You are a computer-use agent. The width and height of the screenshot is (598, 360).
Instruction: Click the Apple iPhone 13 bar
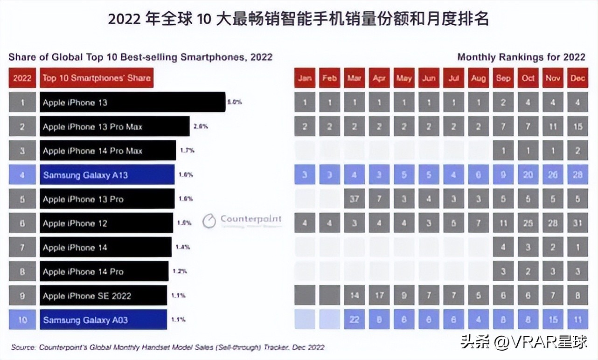click(132, 102)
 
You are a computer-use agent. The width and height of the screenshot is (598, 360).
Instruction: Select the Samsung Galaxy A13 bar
click(107, 175)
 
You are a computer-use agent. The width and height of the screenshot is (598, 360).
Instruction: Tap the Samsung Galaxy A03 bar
click(103, 320)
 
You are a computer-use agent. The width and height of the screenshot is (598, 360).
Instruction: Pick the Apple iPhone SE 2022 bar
click(103, 296)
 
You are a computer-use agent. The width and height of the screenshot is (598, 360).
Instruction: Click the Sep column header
click(503, 78)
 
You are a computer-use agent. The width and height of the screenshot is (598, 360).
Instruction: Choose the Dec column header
click(577, 78)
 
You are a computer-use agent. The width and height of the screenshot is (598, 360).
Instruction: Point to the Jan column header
click(305, 78)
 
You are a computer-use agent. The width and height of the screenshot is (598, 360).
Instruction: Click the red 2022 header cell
click(22, 78)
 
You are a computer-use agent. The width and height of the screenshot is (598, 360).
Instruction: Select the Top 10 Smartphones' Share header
click(97, 78)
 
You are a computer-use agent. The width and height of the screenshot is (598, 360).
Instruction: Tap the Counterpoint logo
click(242, 220)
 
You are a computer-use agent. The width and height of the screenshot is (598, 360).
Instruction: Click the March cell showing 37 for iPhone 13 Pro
click(354, 199)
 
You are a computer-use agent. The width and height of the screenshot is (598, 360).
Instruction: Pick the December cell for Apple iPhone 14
click(577, 247)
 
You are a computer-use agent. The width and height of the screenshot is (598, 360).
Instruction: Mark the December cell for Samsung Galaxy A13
click(577, 175)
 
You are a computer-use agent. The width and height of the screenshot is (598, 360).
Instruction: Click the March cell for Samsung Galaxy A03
click(354, 320)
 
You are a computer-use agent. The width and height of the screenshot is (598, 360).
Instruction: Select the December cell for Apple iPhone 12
click(577, 223)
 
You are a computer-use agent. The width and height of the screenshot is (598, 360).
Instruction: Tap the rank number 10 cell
click(22, 320)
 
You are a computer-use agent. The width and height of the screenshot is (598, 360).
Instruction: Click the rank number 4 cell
click(22, 175)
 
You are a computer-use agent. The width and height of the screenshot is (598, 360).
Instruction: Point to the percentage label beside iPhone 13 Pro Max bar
click(201, 126)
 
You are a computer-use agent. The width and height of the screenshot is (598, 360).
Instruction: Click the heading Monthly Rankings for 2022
click(521, 57)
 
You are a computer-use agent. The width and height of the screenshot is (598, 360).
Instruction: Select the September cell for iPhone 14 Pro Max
click(503, 151)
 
